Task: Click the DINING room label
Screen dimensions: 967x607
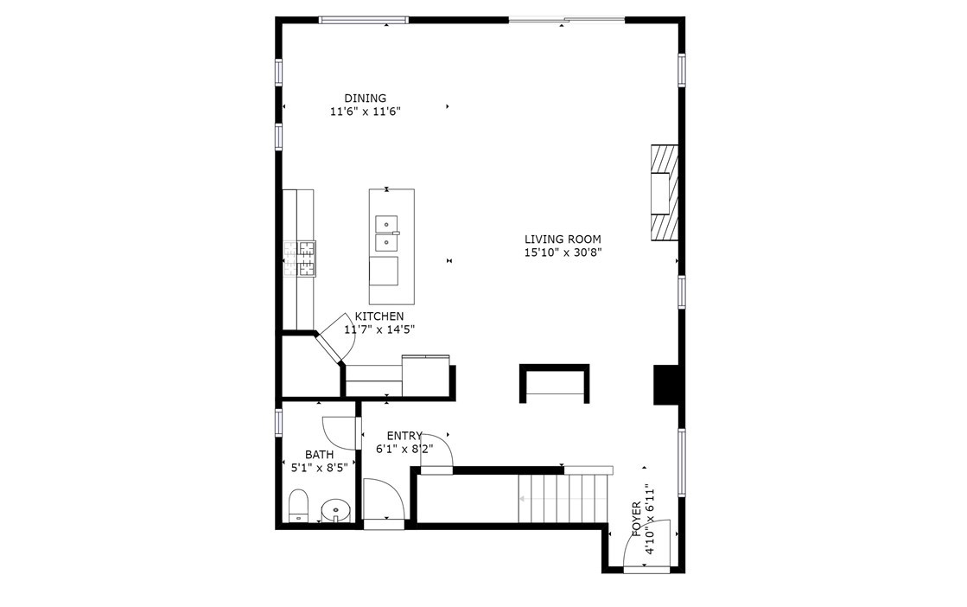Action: pyautogui.click(x=365, y=98)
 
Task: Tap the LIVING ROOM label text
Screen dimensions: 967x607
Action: pyautogui.click(x=563, y=240)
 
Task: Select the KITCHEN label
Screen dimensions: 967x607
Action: pyautogui.click(x=379, y=316)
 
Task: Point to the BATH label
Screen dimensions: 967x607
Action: pyautogui.click(x=320, y=455)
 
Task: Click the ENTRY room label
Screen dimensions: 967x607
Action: pyautogui.click(x=404, y=436)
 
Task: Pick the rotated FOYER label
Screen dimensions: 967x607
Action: pyautogui.click(x=636, y=519)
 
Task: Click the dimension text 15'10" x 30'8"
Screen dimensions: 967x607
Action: pyautogui.click(x=563, y=252)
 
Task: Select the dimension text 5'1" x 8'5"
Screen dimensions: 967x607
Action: pyautogui.click(x=320, y=468)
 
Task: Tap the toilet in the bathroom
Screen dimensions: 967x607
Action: pyautogui.click(x=298, y=506)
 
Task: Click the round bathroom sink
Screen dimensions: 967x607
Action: pyautogui.click(x=335, y=510)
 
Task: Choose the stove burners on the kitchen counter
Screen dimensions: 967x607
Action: pyautogui.click(x=300, y=258)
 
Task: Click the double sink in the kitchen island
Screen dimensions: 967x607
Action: pyautogui.click(x=386, y=234)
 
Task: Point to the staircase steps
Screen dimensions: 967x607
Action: pyautogui.click(x=563, y=498)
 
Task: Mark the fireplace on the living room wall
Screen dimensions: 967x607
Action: pyautogui.click(x=665, y=193)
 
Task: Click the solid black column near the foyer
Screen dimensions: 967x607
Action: pyautogui.click(x=666, y=385)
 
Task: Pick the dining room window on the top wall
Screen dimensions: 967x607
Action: pyautogui.click(x=364, y=21)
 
